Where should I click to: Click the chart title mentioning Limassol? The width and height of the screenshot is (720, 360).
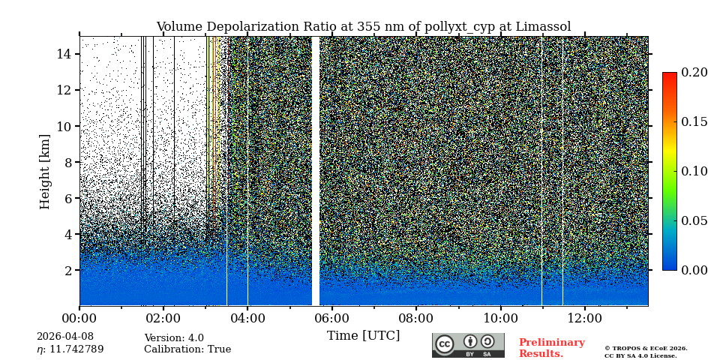tap(363, 27)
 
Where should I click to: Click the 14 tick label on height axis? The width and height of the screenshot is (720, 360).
tap(64, 54)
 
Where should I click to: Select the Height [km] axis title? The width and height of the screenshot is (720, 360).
tap(45, 171)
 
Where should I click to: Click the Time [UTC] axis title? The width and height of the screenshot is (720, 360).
tap(363, 336)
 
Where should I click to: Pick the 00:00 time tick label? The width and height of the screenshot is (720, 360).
tap(79, 318)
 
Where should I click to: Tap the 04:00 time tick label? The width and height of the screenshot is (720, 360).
tap(247, 318)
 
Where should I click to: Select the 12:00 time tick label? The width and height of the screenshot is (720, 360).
tap(583, 318)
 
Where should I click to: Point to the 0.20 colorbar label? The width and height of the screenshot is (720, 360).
tap(694, 73)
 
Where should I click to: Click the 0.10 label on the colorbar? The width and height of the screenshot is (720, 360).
tap(694, 171)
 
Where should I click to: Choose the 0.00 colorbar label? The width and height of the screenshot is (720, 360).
tap(694, 270)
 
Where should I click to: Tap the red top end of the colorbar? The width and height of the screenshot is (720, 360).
tap(669, 75)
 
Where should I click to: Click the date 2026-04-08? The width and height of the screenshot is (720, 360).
tap(65, 337)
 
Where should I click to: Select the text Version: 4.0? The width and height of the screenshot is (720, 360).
tap(174, 338)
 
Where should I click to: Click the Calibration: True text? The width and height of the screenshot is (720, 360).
tap(187, 349)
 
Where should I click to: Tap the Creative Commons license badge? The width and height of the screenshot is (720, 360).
tap(468, 345)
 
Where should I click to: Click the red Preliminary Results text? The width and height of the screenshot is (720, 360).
tap(551, 348)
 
